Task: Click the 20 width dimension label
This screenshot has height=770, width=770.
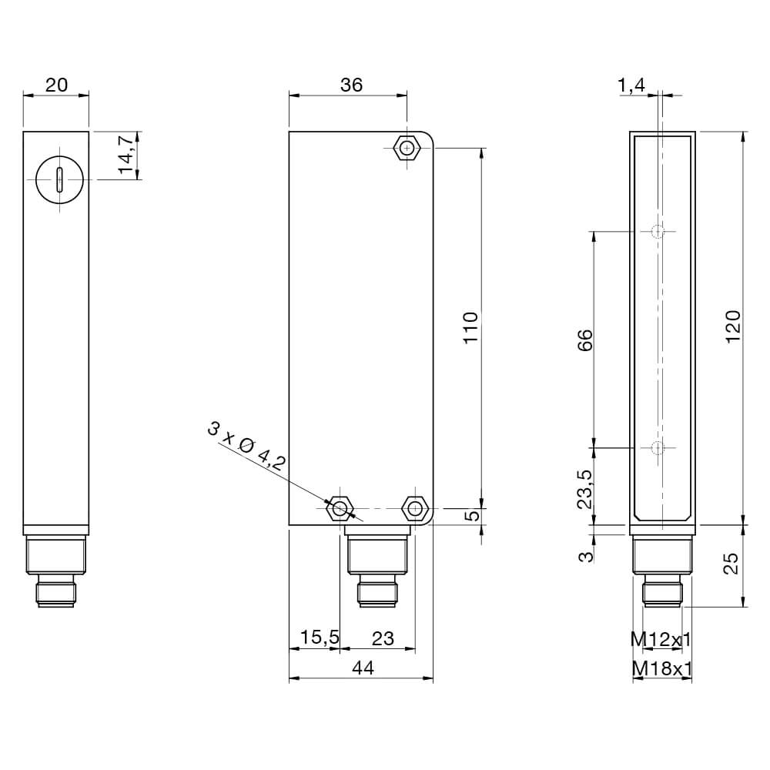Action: [x=55, y=85]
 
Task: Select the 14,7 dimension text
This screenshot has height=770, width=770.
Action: [x=127, y=155]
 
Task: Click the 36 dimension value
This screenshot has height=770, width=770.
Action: [x=351, y=85]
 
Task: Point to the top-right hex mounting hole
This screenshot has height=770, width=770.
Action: [x=406, y=147]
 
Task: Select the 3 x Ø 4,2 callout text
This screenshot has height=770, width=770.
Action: [x=246, y=447]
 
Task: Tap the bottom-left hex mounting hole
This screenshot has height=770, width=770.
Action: [x=339, y=508]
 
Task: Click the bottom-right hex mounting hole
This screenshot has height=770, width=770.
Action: [x=415, y=508]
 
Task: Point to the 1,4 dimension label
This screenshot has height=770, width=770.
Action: [x=631, y=85]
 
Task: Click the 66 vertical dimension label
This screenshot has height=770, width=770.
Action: [x=585, y=339]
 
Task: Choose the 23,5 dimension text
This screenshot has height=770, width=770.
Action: [x=585, y=490]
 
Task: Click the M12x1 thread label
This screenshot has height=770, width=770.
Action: [x=661, y=638]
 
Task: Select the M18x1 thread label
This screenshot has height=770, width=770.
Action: [x=661, y=669]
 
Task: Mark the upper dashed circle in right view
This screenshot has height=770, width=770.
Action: [x=658, y=231]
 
